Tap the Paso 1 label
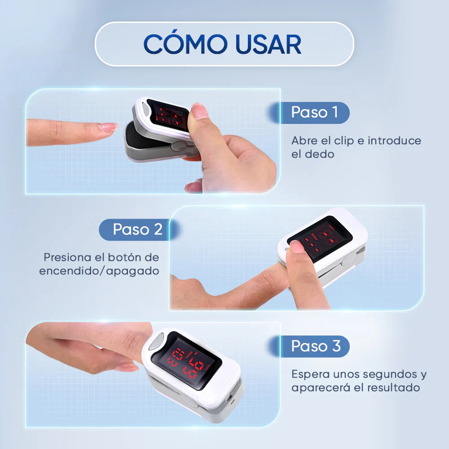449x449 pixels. click(314, 112)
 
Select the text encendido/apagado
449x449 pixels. click(99, 271)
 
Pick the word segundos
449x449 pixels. click(387, 374)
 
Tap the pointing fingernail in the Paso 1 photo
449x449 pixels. click(109, 127)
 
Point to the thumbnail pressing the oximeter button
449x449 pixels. click(297, 247)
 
